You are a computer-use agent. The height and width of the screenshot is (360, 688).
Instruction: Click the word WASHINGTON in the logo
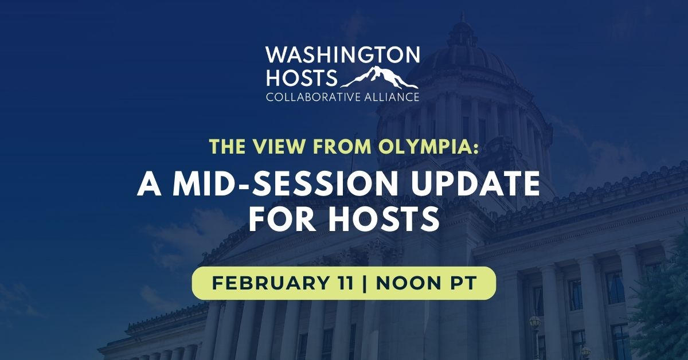click(343, 56)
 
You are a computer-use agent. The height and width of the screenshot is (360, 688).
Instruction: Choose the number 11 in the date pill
click(342, 283)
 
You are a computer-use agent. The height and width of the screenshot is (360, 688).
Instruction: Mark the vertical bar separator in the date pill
click(365, 283)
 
